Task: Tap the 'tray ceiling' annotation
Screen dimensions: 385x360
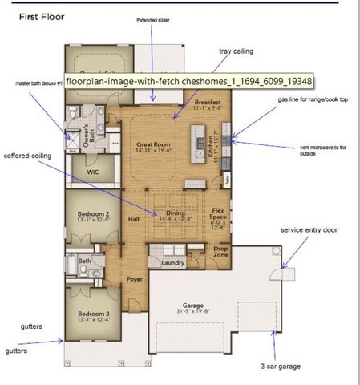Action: (x=236, y=51)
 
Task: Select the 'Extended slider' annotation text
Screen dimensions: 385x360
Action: (x=154, y=20)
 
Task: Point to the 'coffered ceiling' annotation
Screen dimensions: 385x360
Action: (x=30, y=156)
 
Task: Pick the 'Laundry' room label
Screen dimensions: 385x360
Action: (x=172, y=262)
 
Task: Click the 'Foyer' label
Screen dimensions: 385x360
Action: (x=134, y=279)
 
